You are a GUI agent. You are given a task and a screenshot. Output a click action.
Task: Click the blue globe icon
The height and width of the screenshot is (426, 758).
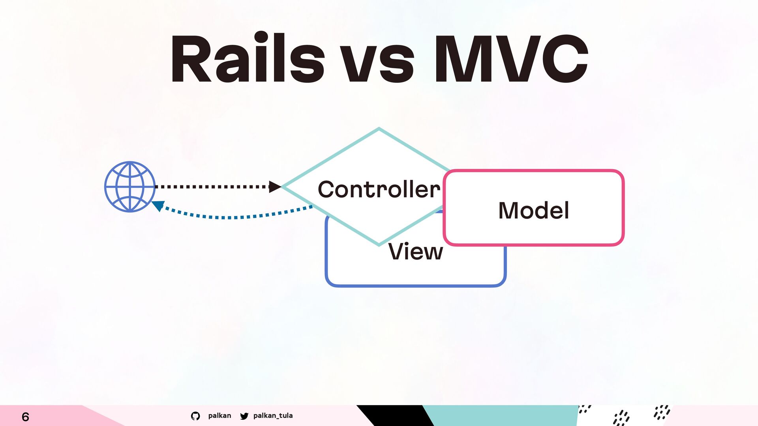coord(130,187)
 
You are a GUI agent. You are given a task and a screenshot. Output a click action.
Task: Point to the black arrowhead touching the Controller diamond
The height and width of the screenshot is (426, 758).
coord(275,187)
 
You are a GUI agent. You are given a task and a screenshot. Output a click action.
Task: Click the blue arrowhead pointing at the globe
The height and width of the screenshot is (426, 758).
coord(158,206)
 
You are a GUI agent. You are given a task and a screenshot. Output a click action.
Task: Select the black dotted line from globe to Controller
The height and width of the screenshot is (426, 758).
coord(212,187)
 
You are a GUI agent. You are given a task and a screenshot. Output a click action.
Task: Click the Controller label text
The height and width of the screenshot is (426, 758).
coord(379,189)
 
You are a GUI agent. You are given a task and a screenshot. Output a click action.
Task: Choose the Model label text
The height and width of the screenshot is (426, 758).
coord(534,210)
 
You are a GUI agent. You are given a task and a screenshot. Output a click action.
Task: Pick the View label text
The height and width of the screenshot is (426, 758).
coord(416,251)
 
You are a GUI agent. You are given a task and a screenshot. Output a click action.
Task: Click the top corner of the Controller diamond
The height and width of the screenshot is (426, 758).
coord(379,128)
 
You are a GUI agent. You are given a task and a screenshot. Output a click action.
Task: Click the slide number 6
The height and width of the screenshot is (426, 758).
coord(25,417)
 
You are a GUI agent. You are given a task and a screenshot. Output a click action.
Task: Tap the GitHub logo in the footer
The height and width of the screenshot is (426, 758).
coord(195,416)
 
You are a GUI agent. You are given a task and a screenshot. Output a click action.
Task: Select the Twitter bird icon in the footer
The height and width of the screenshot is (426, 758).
coord(244,416)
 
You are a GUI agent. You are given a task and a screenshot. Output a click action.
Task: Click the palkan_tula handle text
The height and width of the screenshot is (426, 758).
coord(273,415)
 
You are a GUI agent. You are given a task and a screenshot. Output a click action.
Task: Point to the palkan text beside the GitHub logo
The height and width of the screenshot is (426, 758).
coord(220,415)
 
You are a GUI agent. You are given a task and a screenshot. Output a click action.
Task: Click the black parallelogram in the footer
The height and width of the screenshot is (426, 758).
coord(395,415)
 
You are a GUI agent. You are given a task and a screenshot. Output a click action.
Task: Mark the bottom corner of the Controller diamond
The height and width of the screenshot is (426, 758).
coord(379,245)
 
